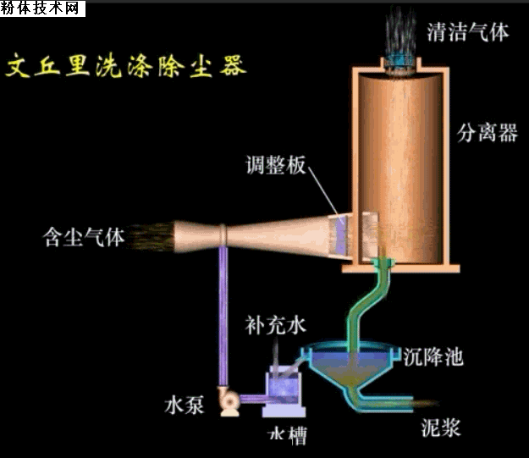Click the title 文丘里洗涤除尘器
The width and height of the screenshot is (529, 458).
tap(126, 65)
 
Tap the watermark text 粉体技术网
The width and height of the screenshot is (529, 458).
tap(42, 9)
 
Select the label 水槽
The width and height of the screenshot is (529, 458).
tap(287, 435)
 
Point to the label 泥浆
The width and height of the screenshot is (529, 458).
tap(441, 427)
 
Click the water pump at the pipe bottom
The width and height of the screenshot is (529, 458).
tap(229, 401)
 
